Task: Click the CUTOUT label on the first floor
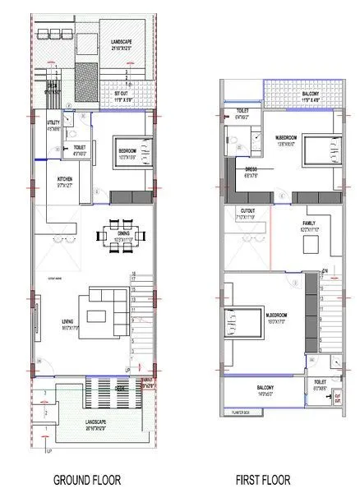(247, 212)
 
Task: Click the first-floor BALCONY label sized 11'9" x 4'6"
(312, 95)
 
